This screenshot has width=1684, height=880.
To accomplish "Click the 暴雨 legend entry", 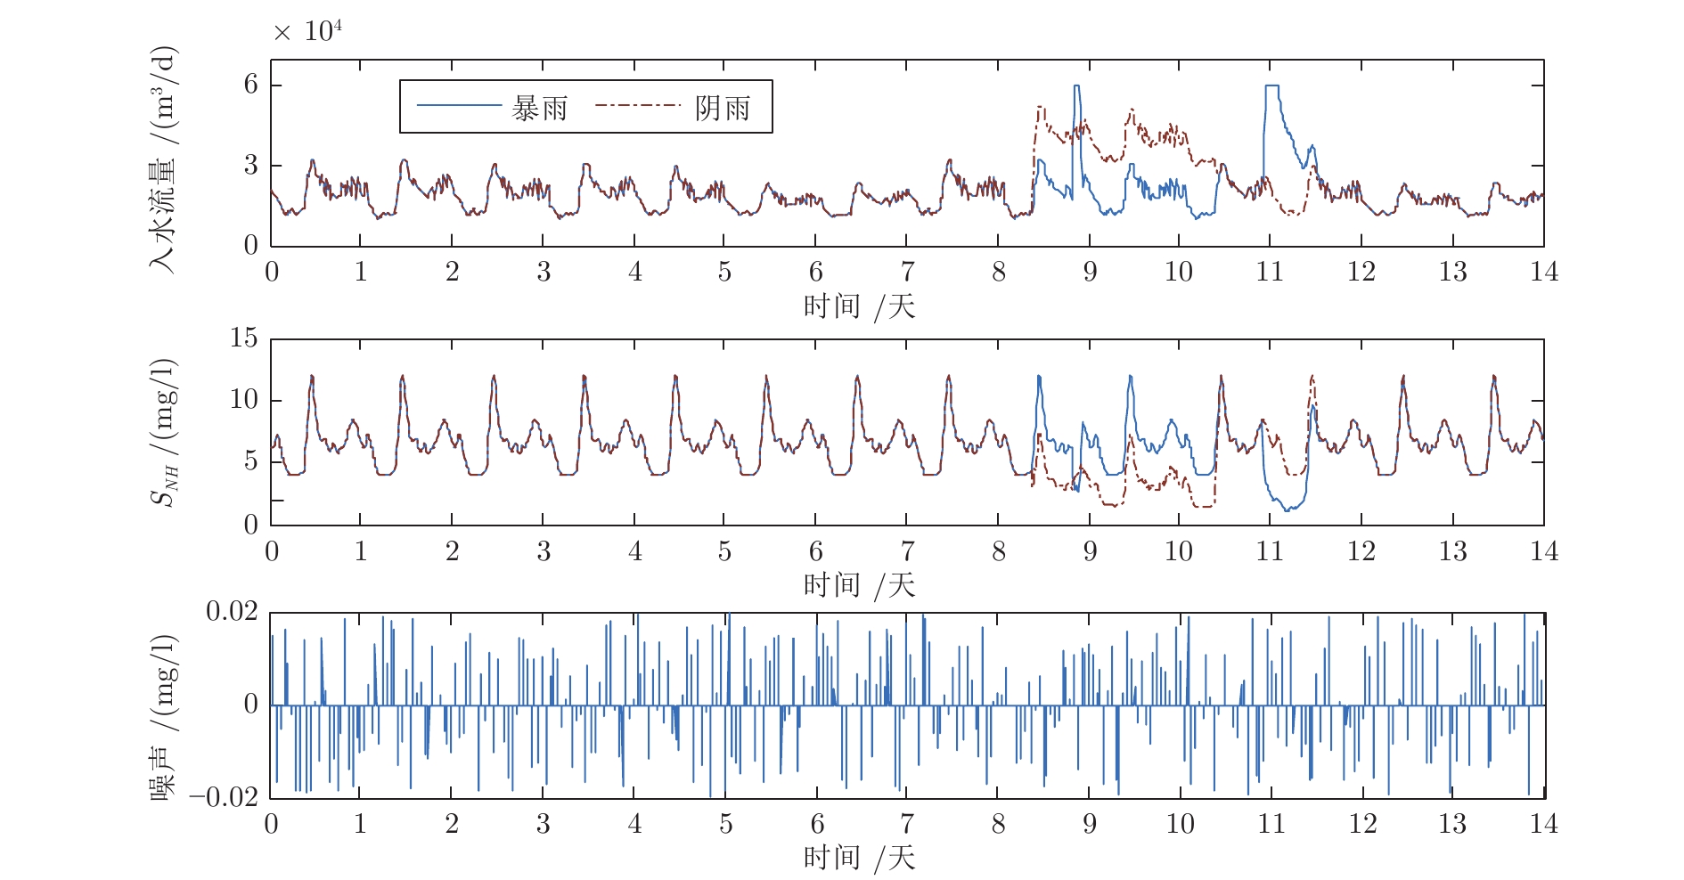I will pos(538,108).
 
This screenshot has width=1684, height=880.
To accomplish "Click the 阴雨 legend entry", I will pos(722,108).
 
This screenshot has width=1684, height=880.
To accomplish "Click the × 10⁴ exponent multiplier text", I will pos(307,32).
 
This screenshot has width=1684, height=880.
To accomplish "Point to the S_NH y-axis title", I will pos(164,432).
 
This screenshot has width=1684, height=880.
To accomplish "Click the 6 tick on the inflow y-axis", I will pos(251,85).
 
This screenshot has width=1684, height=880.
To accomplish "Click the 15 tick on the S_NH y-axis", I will pos(243,338).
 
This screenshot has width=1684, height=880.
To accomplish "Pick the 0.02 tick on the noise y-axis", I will pos(232,612).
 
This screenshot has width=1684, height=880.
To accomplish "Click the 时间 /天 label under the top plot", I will pos(859,306).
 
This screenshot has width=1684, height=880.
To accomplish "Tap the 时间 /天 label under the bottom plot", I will pos(859,858).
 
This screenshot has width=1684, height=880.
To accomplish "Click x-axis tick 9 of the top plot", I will pos(1089,272).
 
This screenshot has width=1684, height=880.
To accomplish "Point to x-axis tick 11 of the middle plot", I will pos(1270,551).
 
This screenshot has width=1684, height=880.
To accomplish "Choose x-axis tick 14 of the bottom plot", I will pos(1543,824).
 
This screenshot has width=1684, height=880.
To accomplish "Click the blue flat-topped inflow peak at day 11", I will pos(1271,86).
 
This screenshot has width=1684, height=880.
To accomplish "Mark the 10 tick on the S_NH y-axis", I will pos(243,400).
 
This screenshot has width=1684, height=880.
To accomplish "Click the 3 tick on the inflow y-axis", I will pos(251,166).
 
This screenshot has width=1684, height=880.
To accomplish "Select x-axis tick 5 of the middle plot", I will pos(724,551).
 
